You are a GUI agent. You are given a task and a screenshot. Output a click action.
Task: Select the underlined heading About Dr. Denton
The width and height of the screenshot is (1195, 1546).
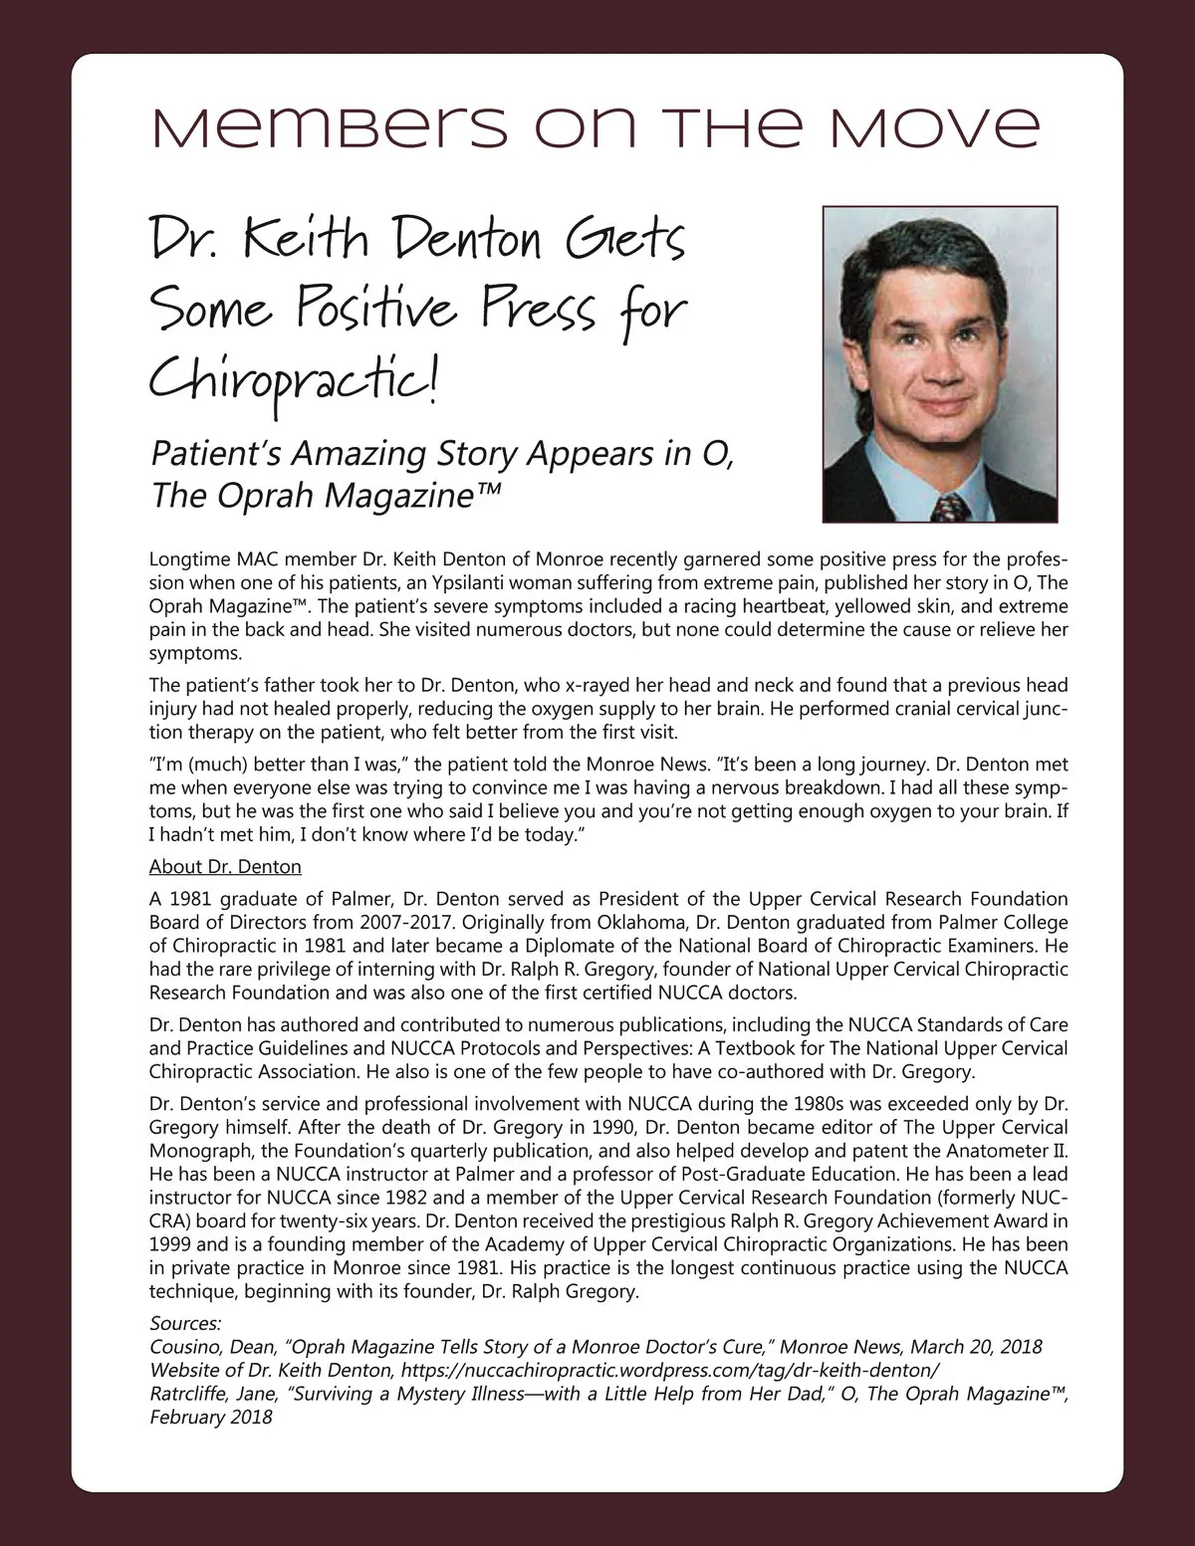coord(225,866)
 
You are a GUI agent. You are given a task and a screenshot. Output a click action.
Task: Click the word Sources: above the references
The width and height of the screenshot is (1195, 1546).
coord(185,1323)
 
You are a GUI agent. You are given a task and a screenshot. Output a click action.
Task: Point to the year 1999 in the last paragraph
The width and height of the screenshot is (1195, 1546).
coord(170,1244)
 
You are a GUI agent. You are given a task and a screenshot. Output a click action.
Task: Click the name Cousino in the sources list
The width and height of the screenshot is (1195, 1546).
coord(184,1347)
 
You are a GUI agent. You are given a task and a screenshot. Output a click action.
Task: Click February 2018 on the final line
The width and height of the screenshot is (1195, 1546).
coord(211,1417)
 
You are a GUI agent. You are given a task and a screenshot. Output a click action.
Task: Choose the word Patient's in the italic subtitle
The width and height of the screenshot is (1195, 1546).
coord(215,453)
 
